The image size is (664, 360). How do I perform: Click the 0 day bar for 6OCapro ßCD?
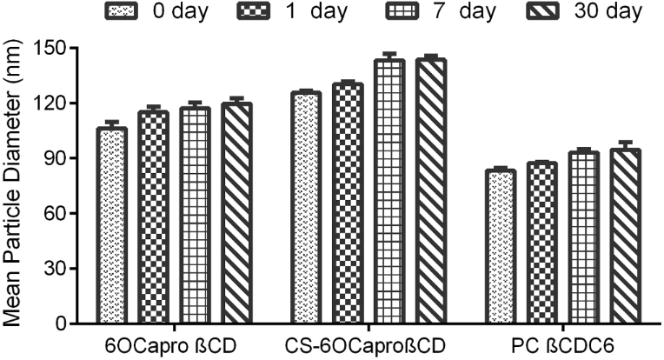click(111, 226)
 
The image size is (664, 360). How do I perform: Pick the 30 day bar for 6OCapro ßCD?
click(236, 214)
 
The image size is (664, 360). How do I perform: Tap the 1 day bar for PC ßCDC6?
click(542, 243)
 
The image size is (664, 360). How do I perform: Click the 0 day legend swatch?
click(122, 11)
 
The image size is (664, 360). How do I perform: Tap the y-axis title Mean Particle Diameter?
click(15, 185)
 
